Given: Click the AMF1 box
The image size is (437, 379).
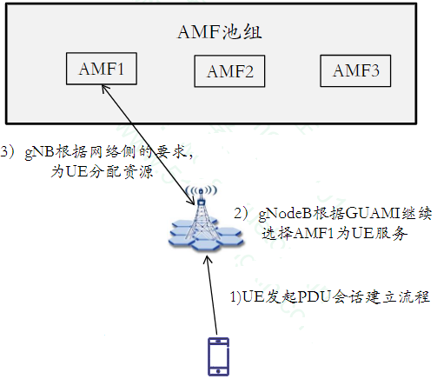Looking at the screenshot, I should [x=101, y=69].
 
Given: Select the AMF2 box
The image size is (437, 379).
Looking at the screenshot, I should [x=229, y=72].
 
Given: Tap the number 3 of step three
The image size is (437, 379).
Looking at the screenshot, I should [x=7, y=151].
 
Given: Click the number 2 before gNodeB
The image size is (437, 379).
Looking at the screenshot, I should [x=239, y=213].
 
